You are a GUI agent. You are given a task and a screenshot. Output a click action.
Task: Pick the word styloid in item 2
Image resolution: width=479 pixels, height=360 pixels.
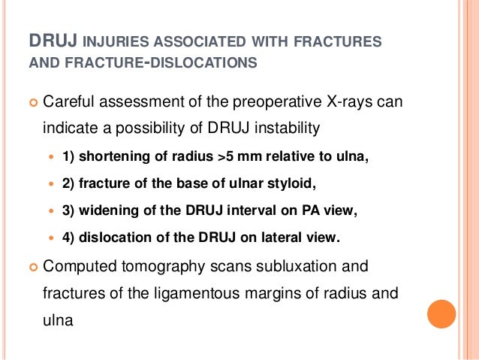coord(280,184)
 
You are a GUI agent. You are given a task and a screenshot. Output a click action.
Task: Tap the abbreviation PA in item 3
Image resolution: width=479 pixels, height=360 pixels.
coord(300,212)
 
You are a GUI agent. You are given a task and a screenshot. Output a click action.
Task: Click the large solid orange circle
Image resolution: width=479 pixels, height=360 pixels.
coord(441,314)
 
